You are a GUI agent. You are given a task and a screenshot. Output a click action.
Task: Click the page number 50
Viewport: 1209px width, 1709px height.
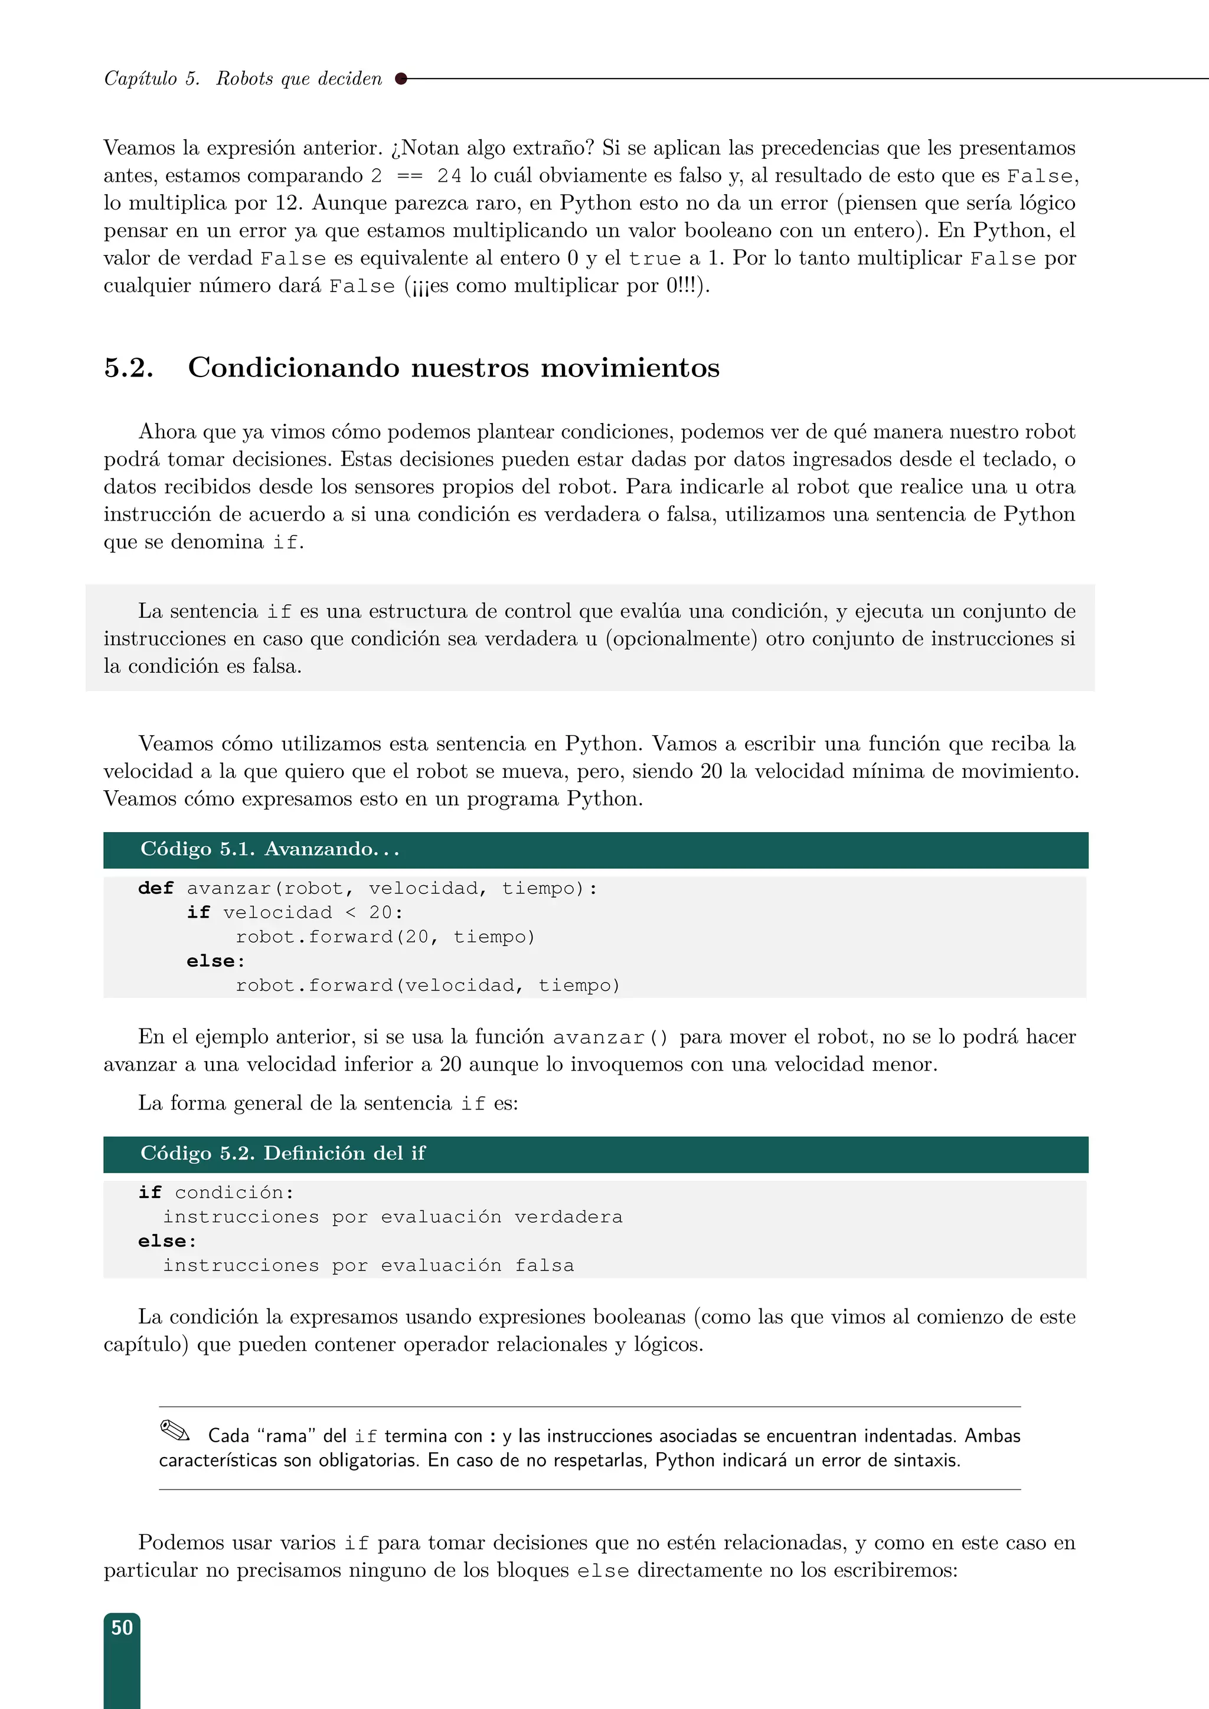click(122, 1628)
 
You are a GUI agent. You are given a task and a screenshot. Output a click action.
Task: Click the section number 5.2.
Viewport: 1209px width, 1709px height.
click(129, 368)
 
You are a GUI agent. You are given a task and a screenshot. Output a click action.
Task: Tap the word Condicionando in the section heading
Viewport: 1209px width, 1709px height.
click(293, 368)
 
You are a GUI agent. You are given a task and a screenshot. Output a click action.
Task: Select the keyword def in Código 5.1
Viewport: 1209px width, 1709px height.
click(156, 888)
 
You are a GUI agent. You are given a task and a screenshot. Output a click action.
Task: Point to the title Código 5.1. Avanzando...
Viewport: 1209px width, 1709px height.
click(270, 849)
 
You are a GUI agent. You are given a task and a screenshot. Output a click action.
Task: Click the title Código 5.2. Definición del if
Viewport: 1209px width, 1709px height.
click(282, 1153)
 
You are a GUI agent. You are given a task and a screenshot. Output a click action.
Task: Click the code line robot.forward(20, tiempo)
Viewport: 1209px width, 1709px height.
click(385, 937)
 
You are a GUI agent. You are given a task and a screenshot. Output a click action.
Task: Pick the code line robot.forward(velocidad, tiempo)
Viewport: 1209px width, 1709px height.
click(427, 986)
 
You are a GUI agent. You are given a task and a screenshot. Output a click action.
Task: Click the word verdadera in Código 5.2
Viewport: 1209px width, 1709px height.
click(568, 1216)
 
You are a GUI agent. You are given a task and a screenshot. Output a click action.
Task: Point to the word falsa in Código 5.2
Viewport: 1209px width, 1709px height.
click(544, 1265)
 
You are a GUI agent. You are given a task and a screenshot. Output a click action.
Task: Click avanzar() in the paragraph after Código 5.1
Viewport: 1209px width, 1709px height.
click(610, 1037)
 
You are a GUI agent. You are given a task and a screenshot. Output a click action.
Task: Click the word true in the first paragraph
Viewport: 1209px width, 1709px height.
click(654, 259)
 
